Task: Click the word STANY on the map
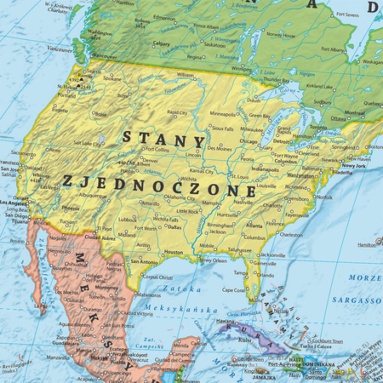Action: pyautogui.click(x=163, y=137)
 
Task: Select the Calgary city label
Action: pyautogui.click(x=161, y=42)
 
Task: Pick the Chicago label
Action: pyautogui.click(x=249, y=141)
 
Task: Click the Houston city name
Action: pyautogui.click(x=174, y=252)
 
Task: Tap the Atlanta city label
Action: pyautogui.click(x=254, y=225)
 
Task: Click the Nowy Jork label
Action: pyautogui.click(x=352, y=164)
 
